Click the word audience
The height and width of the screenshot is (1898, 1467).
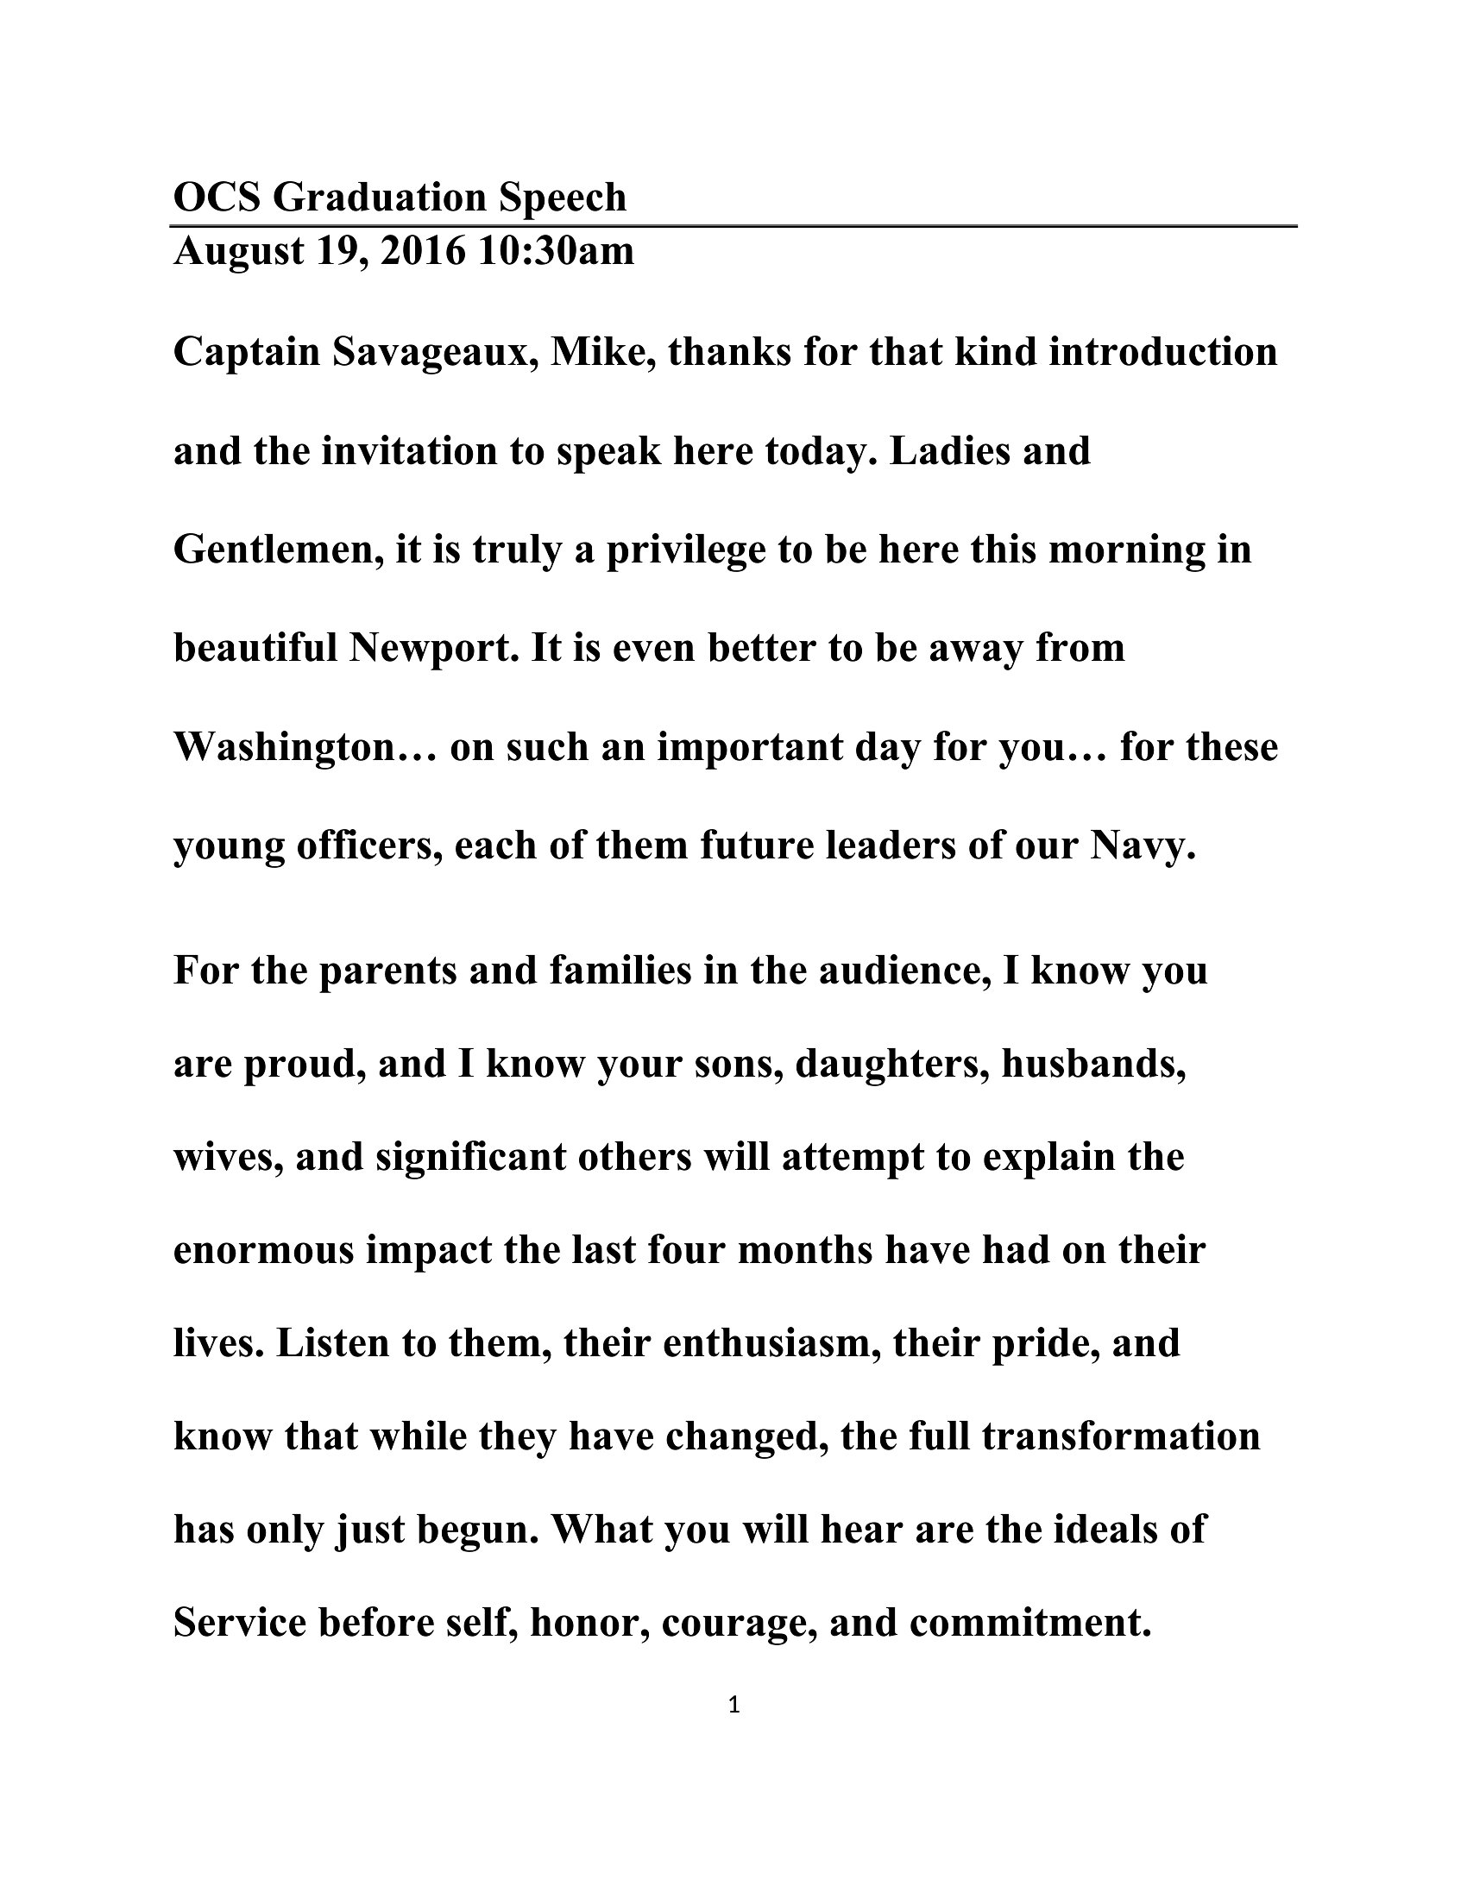903,971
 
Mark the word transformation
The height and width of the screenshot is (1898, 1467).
1121,1436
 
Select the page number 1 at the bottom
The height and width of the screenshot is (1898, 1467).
733,1705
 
